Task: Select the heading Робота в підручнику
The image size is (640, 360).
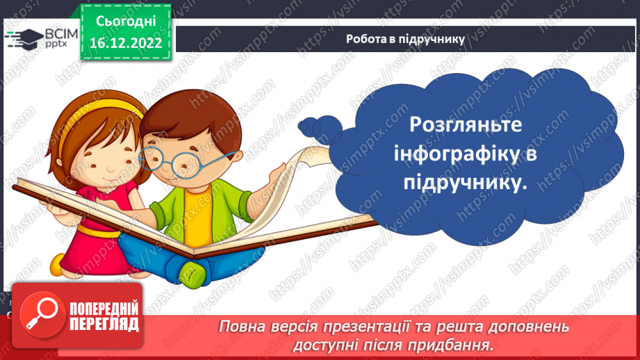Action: click(x=405, y=39)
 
